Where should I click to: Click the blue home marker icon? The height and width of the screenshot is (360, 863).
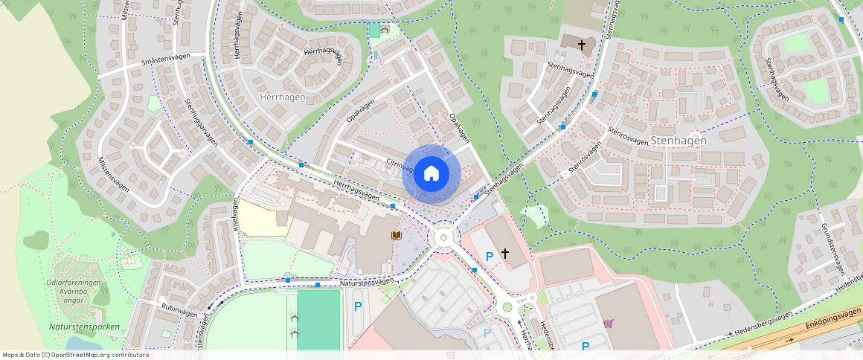pyautogui.click(x=431, y=174)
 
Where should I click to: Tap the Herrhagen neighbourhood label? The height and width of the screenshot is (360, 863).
pyautogui.click(x=283, y=97)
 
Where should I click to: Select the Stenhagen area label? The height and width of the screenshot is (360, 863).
pyautogui.click(x=678, y=140)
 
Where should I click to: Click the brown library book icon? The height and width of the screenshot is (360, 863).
pyautogui.click(x=397, y=235)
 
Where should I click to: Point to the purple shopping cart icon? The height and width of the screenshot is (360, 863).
pyautogui.click(x=609, y=324)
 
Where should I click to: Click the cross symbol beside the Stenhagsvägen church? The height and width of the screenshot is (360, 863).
pyautogui.click(x=582, y=45)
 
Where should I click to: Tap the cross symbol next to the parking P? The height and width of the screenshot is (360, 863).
pyautogui.click(x=505, y=254)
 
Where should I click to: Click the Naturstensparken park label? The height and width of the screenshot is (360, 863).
pyautogui.click(x=85, y=327)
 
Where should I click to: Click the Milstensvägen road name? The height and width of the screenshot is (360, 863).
pyautogui.click(x=113, y=174)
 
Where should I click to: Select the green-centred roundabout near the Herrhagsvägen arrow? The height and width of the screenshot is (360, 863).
pyautogui.click(x=507, y=306)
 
